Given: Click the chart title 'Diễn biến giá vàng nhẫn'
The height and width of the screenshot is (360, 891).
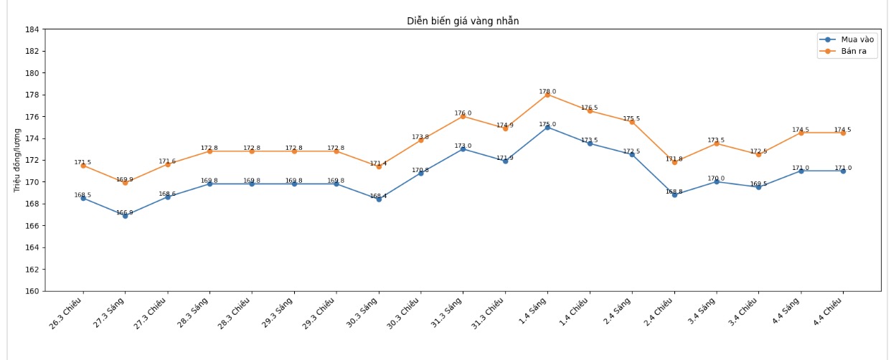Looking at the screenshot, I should [463, 21].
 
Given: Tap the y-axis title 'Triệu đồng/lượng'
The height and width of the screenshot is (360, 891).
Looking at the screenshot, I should [17, 160].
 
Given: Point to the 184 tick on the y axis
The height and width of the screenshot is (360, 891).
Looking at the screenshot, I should [33, 29].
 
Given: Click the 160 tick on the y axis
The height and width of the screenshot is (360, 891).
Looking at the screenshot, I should [33, 291].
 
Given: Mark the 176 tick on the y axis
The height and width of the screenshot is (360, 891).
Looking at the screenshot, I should [33, 117].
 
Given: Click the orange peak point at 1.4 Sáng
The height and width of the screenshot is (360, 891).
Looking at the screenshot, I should [547, 95].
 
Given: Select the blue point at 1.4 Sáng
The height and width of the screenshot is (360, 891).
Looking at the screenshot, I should [547, 127].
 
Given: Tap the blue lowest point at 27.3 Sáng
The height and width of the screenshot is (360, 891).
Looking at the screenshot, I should [125, 216].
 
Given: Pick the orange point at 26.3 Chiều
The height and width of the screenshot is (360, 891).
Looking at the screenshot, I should [82, 166].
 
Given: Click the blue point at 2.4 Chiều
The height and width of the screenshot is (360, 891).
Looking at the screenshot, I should [674, 194].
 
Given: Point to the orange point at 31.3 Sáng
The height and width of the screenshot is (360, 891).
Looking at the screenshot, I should [463, 116].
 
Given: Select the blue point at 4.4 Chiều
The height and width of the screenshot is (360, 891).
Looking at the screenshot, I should [843, 171].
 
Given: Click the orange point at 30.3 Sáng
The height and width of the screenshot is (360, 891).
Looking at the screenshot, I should [379, 166].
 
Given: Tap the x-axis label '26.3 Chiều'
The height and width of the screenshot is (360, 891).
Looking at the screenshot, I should [66, 313].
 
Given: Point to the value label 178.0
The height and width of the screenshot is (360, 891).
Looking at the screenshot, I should [547, 92].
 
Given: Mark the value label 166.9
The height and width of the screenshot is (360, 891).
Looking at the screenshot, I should [125, 213].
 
